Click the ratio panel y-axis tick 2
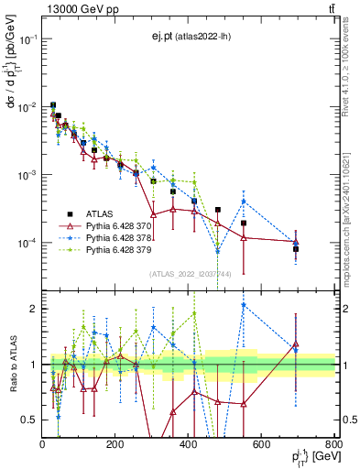[x=33, y=309]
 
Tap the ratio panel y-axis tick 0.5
[x=29, y=420]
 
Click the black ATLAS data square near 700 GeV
[x=296, y=248]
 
